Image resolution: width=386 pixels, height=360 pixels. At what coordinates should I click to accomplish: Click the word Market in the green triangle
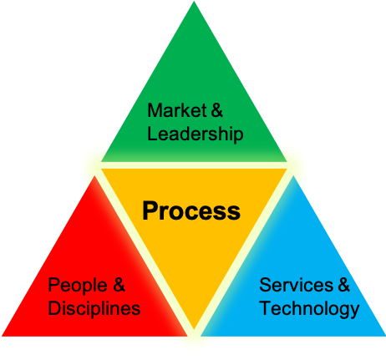[177, 110]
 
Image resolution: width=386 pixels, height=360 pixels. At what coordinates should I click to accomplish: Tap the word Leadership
[196, 134]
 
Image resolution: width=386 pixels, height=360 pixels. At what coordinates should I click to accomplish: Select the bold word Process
[191, 210]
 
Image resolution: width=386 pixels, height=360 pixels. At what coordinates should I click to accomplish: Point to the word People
[78, 285]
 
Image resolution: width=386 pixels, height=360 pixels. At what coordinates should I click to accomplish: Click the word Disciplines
[94, 308]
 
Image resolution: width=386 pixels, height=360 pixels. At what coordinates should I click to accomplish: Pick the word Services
[296, 285]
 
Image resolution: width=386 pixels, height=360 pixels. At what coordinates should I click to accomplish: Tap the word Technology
[309, 308]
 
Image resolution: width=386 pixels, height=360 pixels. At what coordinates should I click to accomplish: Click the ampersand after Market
[217, 110]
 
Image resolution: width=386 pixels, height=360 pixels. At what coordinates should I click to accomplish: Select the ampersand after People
[119, 285]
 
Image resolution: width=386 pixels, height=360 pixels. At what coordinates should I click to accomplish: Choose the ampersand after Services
[343, 285]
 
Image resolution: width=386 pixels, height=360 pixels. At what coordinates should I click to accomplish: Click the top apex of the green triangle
[194, 2]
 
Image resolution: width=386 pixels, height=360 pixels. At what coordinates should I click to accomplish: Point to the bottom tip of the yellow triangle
[194, 329]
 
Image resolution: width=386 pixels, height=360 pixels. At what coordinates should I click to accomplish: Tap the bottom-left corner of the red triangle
[3, 336]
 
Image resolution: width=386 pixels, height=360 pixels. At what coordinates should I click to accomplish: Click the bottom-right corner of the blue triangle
[385, 336]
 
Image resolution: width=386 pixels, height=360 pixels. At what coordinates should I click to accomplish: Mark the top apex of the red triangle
[94, 176]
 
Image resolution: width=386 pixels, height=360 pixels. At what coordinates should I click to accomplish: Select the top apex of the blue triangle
[293, 176]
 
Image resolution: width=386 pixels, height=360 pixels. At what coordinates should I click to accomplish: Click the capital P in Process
[150, 210]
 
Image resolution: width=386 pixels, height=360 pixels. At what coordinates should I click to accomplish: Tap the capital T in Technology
[267, 308]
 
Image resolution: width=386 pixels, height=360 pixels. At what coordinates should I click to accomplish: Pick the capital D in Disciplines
[55, 308]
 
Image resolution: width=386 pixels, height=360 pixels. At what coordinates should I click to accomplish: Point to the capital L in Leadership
[152, 133]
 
